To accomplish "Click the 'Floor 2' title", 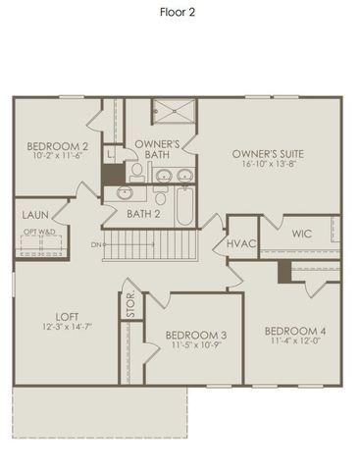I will [180, 14].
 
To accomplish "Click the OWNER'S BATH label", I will [157, 149].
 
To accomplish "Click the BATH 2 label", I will [143, 213].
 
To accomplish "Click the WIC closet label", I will [301, 234].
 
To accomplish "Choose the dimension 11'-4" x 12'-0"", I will [295, 341].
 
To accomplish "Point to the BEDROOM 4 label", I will [295, 330].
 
